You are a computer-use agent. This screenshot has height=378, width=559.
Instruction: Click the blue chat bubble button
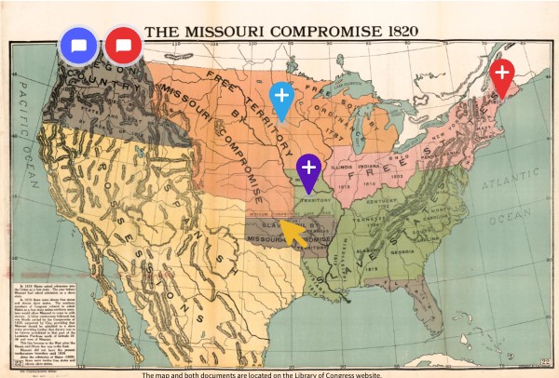pos(79,45)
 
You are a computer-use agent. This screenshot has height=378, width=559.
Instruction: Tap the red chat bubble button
pos(123,45)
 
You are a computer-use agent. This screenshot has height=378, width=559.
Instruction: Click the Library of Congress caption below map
pos(279,372)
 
